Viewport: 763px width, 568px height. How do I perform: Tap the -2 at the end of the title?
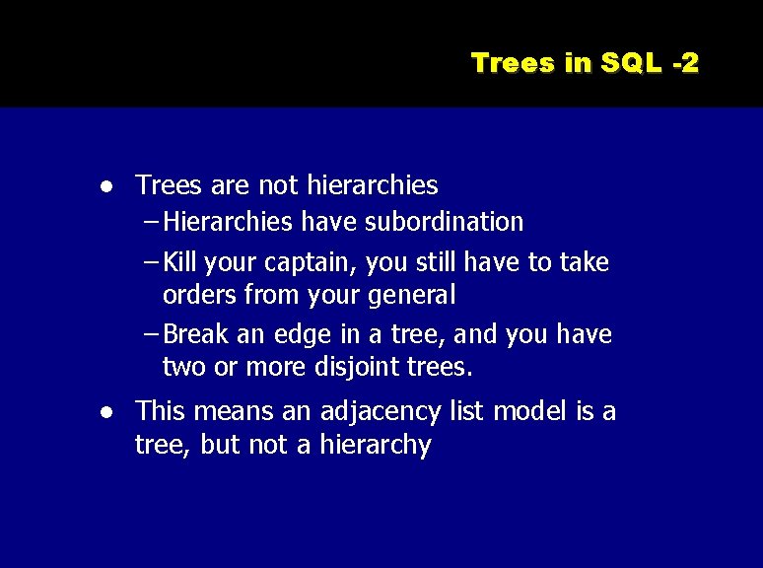click(685, 63)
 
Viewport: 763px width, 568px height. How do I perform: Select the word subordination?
click(445, 222)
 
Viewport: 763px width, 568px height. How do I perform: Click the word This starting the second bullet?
click(158, 411)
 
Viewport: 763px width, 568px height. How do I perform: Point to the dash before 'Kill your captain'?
click(150, 262)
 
